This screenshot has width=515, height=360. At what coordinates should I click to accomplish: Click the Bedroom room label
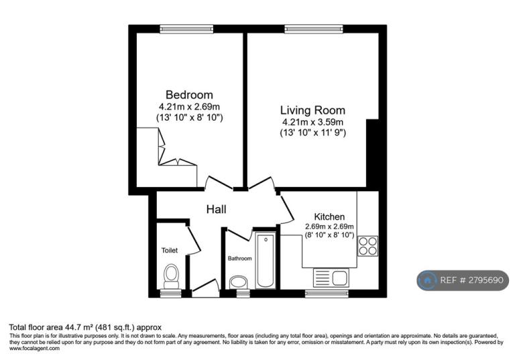coord(189,95)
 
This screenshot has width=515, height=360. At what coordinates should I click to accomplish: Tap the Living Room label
coord(312,111)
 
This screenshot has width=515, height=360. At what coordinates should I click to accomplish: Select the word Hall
coord(216,209)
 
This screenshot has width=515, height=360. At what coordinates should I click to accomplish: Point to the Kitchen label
coord(329,217)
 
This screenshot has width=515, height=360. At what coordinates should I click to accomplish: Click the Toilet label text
coord(170,250)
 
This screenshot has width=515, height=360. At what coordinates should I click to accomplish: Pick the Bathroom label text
coord(240,259)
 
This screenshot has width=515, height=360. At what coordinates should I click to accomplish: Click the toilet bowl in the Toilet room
coord(171,276)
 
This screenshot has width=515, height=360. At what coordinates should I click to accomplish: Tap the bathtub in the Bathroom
coord(266,260)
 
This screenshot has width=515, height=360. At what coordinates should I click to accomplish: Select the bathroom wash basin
coord(239,282)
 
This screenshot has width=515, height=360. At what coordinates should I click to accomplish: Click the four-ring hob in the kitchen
coord(367,246)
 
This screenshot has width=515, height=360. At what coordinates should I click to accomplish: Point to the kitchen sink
coord(331,278)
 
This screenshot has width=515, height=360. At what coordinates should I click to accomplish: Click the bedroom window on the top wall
coord(186,29)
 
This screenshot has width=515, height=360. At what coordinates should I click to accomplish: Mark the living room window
coord(314,29)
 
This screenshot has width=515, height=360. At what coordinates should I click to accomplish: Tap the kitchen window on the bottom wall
coord(327,294)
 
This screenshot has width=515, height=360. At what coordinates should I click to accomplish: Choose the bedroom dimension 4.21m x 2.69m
coord(189,107)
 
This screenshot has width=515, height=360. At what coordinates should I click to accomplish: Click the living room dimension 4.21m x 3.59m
coord(312,123)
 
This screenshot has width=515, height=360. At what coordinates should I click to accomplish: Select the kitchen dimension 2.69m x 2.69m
coord(329,227)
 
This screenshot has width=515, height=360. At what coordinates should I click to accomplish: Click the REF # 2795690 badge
coord(463,280)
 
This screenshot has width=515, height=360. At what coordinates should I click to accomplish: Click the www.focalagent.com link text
coord(34,349)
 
